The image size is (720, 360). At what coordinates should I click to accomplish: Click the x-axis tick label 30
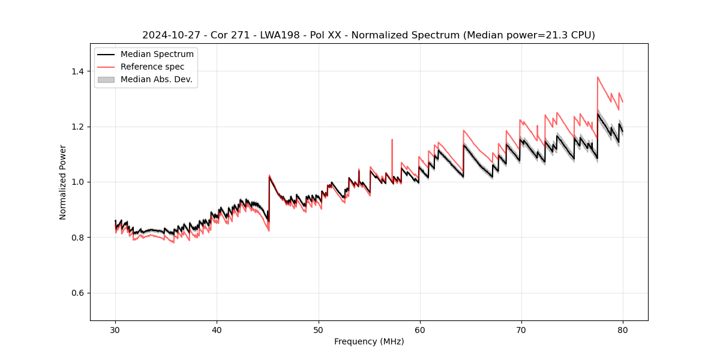[x=115, y=330]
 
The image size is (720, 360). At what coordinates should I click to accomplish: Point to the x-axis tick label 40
[x=217, y=330]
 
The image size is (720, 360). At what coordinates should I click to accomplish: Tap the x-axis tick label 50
[x=318, y=330]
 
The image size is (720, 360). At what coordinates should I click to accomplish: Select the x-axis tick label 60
[x=419, y=330]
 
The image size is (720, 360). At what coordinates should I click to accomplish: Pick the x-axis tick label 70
[x=521, y=330]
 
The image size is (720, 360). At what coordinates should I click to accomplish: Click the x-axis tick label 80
[x=622, y=330]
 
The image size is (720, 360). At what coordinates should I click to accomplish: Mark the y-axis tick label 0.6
[x=78, y=293]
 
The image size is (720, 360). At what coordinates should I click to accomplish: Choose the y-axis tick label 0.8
[x=78, y=238]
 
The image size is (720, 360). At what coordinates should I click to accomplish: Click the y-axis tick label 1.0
[x=78, y=182]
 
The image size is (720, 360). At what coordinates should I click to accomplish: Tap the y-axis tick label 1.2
[x=78, y=127]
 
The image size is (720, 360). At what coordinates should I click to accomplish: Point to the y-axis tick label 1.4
[x=78, y=71]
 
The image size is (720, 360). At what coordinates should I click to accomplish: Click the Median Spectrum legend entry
[x=157, y=55]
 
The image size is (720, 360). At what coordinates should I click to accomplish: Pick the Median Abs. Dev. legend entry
[x=156, y=79]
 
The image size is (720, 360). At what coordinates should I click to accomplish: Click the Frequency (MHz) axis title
[x=369, y=341]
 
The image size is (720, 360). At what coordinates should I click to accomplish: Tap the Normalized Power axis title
[x=63, y=182]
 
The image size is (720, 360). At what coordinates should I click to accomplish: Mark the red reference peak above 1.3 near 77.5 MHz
[x=598, y=77]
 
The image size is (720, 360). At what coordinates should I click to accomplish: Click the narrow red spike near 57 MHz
[x=392, y=140]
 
